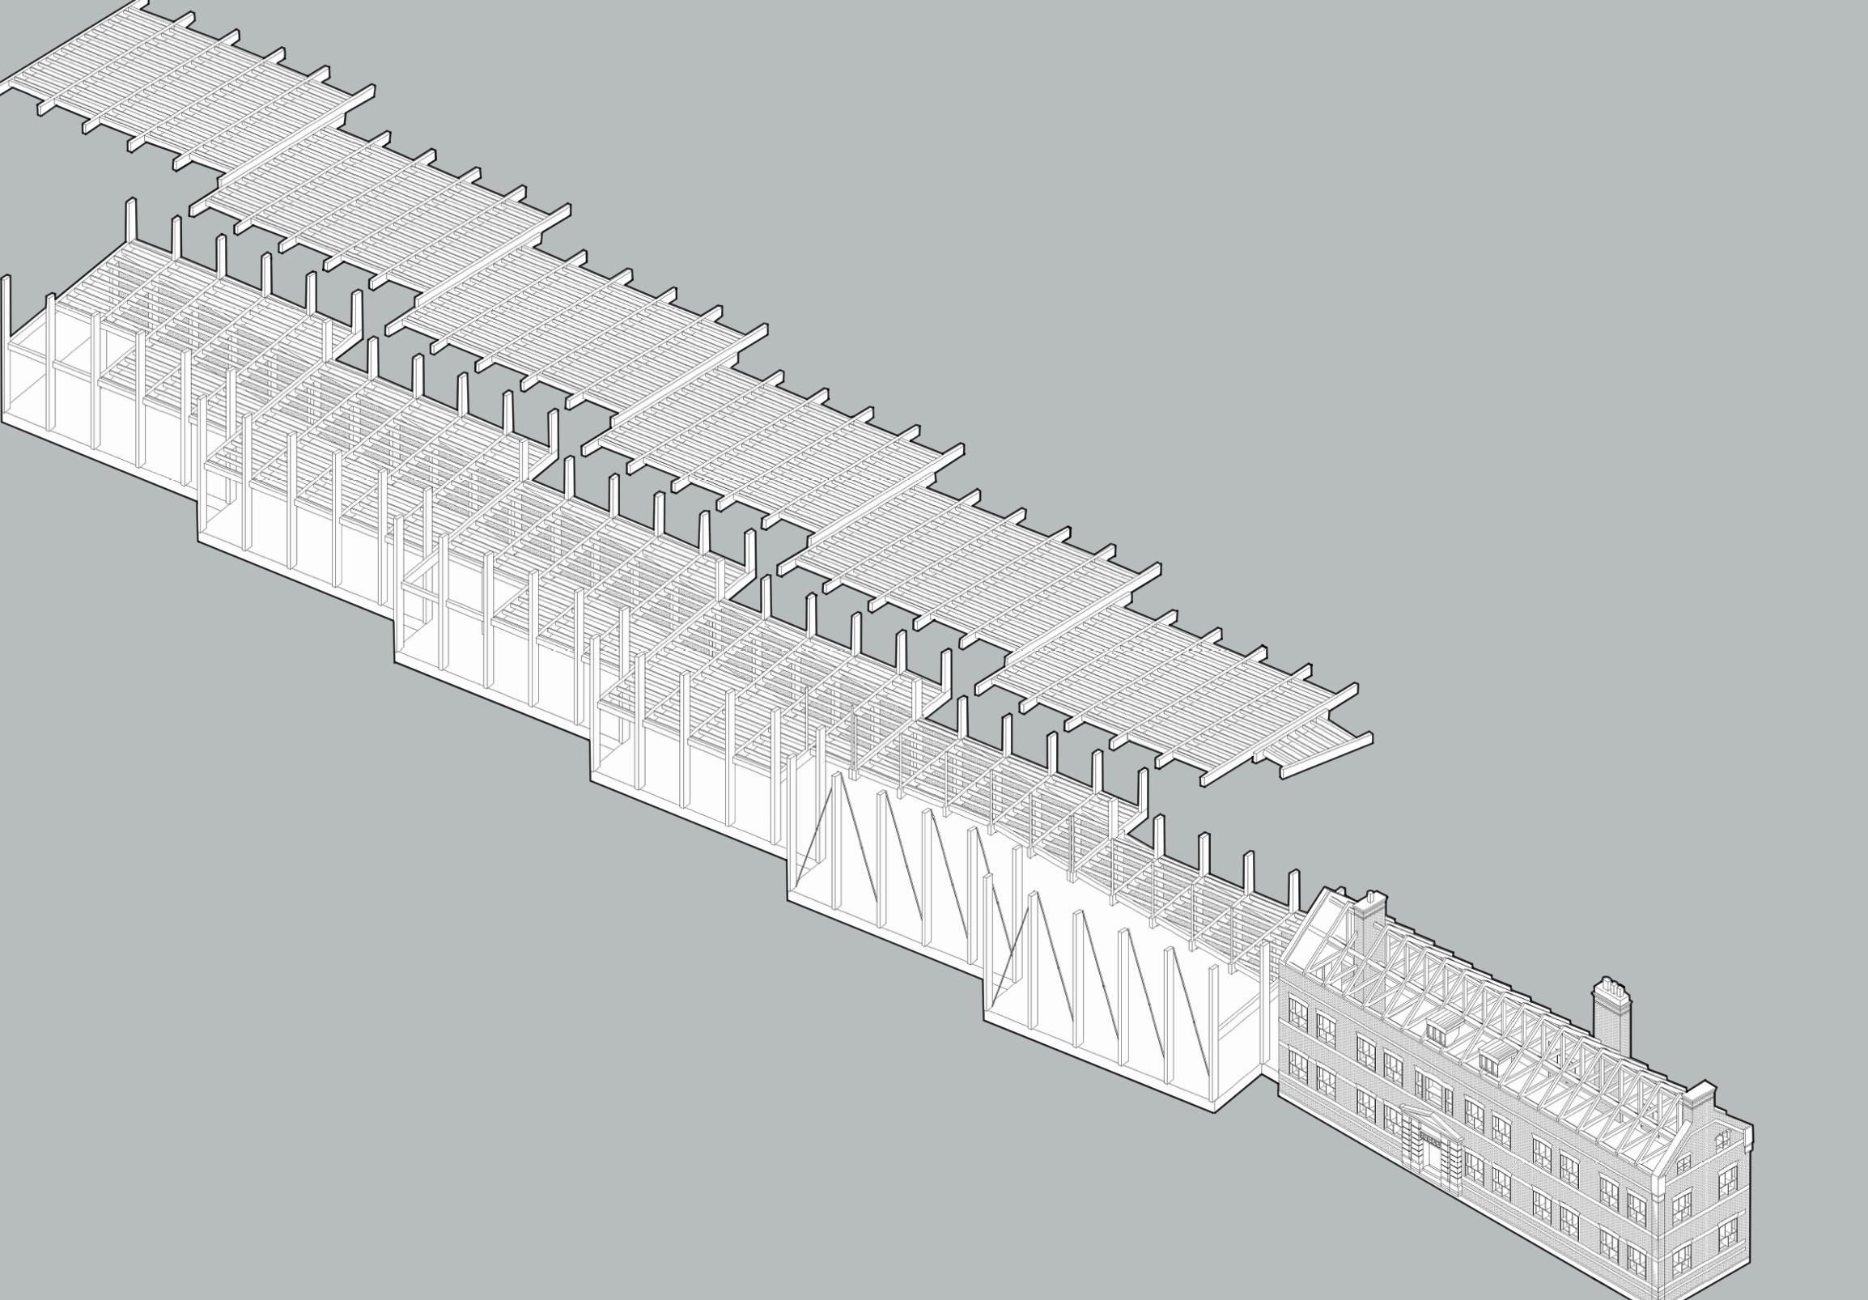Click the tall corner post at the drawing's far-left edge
[7, 309]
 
